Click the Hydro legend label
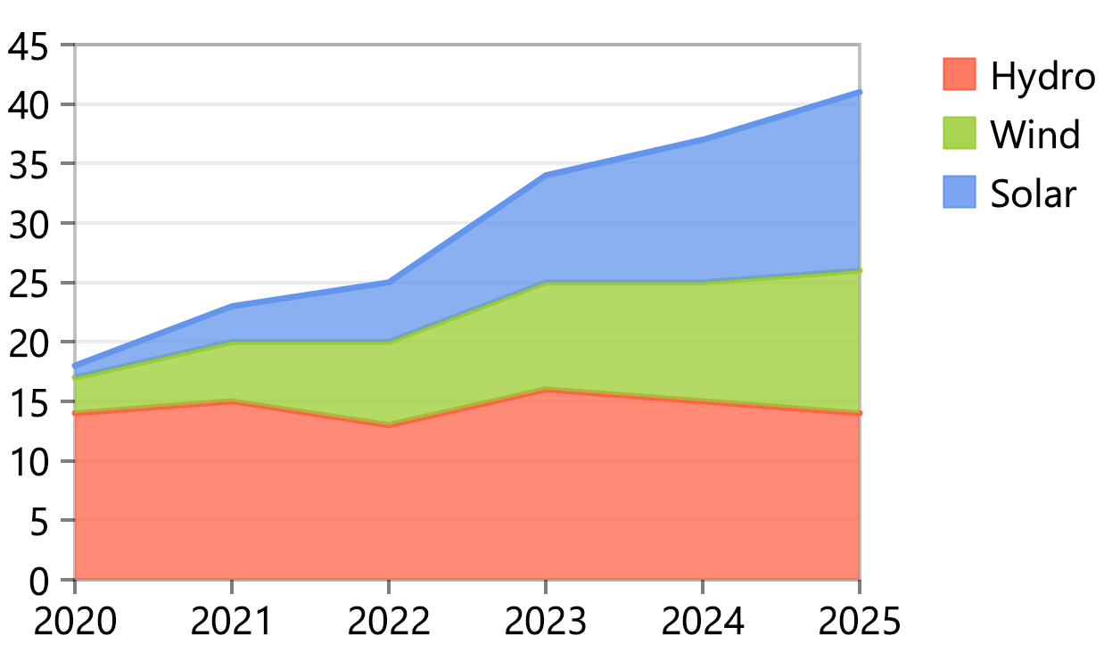click(x=1042, y=77)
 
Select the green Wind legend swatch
click(x=960, y=133)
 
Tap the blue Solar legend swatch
click(x=960, y=192)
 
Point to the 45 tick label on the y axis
click(x=29, y=47)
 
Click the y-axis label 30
click(x=29, y=226)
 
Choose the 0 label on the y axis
click(x=39, y=582)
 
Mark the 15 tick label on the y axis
click(x=29, y=404)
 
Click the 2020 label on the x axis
click(x=75, y=621)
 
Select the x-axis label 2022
click(x=389, y=621)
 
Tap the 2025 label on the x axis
click(x=860, y=621)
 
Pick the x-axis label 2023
click(x=546, y=621)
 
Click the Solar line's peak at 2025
click(x=860, y=92)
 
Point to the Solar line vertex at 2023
click(x=546, y=176)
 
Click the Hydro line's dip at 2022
click(x=389, y=425)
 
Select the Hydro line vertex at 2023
click(x=546, y=390)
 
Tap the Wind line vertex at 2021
click(x=232, y=342)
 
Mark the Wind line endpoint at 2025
click(x=860, y=270)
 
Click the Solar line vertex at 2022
click(x=389, y=283)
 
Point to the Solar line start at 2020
click(x=75, y=366)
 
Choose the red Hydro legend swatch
click(x=960, y=74)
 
